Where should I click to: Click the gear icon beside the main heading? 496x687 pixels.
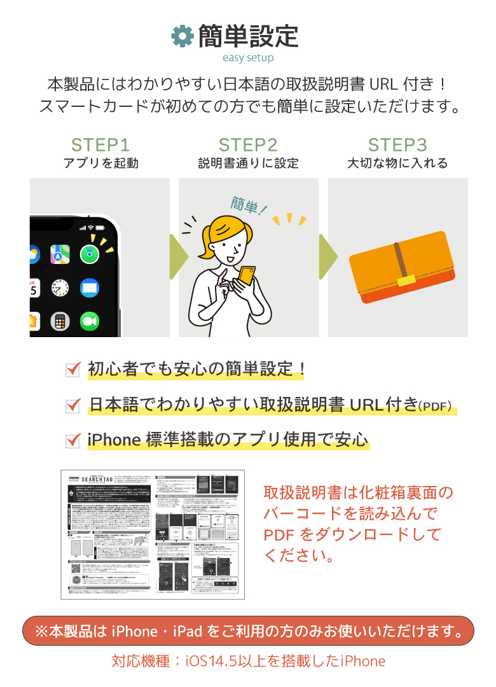(183, 36)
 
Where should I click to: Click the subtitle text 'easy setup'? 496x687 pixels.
(248, 58)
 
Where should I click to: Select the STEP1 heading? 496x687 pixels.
(100, 145)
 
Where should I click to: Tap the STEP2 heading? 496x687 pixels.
(248, 145)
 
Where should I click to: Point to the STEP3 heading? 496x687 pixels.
(397, 145)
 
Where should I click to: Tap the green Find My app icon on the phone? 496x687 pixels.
(90, 254)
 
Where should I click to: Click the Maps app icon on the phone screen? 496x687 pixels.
(60, 254)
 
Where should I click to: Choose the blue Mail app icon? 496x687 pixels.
(90, 289)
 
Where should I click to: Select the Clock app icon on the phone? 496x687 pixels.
(60, 289)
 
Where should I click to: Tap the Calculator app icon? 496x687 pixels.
(60, 322)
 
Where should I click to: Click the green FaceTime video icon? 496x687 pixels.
(90, 322)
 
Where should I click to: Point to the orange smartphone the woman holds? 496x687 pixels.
(246, 274)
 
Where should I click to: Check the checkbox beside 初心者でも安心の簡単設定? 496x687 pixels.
(73, 369)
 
